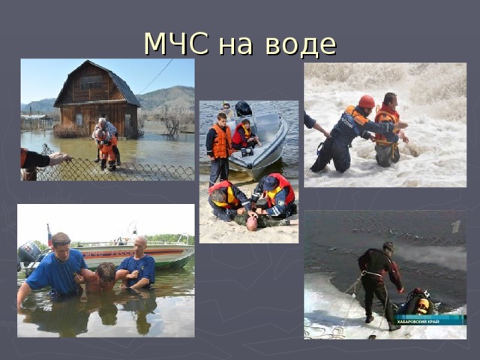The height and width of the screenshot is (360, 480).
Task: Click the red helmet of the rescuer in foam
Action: (x=367, y=102)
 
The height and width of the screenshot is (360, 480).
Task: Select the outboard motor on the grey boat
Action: (x=243, y=109)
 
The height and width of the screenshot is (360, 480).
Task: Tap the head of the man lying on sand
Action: (x=252, y=221)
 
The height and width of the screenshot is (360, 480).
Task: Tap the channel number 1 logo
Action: (x=455, y=226)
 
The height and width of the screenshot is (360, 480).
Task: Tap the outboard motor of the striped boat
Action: (x=29, y=253)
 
